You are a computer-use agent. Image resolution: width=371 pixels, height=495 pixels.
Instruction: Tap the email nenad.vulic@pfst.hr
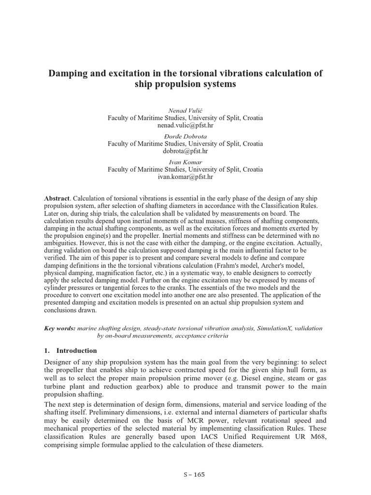(185, 125)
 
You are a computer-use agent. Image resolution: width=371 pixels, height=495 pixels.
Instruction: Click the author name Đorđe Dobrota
(185, 136)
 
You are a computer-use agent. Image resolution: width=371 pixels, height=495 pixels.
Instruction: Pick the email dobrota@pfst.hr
(185, 151)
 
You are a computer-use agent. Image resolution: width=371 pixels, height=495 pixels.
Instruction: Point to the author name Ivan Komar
(185, 162)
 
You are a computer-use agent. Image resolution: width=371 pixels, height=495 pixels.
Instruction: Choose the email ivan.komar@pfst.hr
(185, 176)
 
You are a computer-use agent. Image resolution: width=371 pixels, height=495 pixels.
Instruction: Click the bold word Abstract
(57, 199)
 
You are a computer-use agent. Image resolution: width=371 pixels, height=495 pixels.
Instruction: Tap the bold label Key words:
(59, 328)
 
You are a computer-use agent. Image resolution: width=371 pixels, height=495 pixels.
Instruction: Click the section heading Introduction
(77, 350)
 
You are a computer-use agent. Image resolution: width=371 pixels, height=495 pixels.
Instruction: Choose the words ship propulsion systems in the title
(185, 84)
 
